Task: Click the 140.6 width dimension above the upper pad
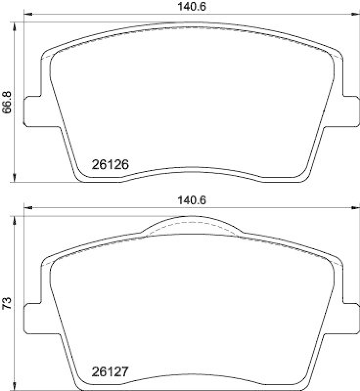[192, 7]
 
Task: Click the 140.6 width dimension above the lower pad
[192, 200]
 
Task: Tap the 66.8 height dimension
[7, 102]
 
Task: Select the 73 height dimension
[7, 303]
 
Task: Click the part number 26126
[110, 165]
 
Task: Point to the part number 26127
[110, 372]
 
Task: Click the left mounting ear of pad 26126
[32, 111]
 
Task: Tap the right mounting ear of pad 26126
[351, 111]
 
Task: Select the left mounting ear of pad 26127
[32, 318]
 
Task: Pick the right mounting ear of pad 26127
[351, 318]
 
